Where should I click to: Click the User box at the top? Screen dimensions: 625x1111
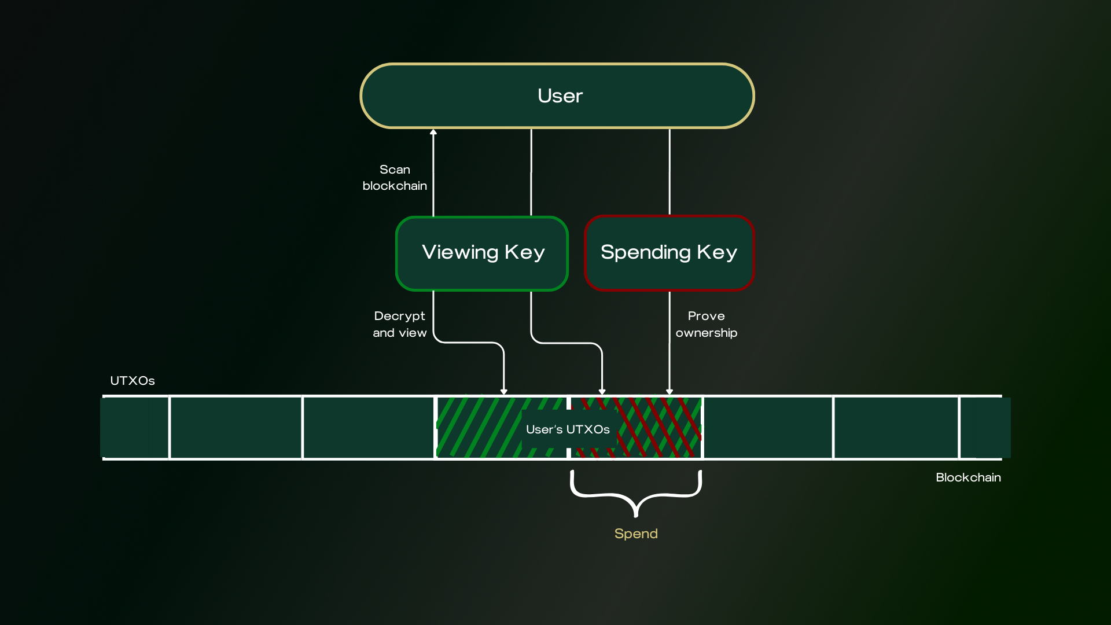click(x=557, y=95)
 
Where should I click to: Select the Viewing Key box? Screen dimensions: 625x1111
click(x=482, y=253)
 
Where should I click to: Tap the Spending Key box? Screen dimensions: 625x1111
click(x=669, y=253)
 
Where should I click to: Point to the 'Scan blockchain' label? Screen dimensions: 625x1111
click(x=395, y=178)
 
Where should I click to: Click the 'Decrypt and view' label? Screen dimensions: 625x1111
click(x=399, y=324)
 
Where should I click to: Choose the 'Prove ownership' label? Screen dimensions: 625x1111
click(x=706, y=324)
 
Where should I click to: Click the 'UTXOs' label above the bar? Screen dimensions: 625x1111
click(x=133, y=381)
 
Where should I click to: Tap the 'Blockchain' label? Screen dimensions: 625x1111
click(x=968, y=477)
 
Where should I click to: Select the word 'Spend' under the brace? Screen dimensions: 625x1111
click(x=636, y=534)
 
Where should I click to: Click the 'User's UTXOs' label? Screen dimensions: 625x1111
click(x=568, y=429)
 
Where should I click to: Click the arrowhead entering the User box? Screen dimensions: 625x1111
click(x=433, y=133)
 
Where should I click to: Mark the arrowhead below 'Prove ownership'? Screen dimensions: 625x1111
click(x=669, y=392)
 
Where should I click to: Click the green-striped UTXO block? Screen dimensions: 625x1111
click(x=480, y=428)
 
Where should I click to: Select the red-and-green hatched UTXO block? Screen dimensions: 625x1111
click(x=660, y=428)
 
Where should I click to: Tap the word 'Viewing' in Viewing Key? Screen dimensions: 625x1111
click(x=460, y=252)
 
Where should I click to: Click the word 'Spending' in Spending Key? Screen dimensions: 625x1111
click(x=645, y=252)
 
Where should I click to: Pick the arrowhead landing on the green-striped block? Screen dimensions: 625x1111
click(x=504, y=392)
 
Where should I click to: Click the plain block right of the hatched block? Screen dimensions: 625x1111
click(x=768, y=428)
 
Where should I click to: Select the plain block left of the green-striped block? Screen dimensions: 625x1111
click(x=368, y=428)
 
